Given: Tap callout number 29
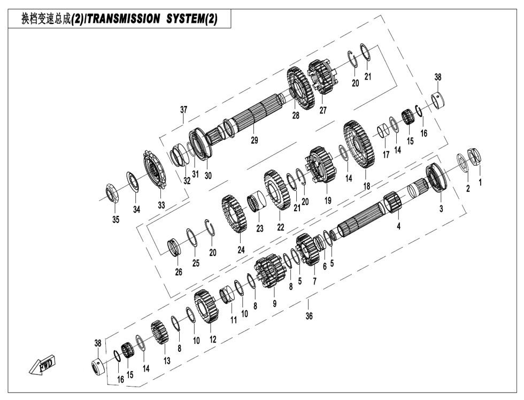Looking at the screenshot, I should [255, 141].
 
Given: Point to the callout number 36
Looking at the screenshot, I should [309, 316].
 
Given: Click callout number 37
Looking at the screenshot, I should [183, 110].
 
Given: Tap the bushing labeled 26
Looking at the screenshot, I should [174, 247].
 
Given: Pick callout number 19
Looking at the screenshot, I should [328, 201].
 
